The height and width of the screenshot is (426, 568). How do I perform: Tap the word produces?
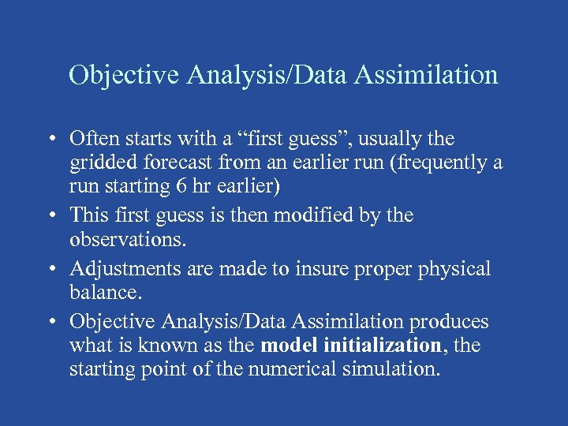[x=446, y=322]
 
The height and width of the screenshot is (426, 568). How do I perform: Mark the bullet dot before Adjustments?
[x=50, y=270]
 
